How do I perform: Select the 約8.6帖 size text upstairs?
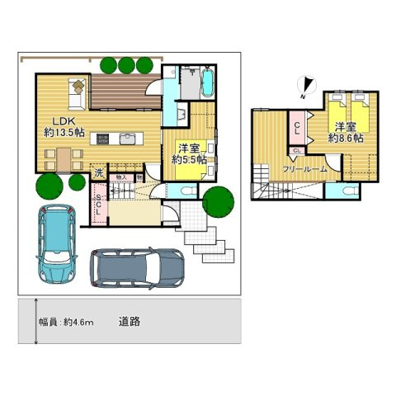[x=345, y=138]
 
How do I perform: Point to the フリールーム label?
[x=304, y=169]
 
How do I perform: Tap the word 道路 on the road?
[x=128, y=322]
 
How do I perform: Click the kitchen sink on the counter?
[x=127, y=139]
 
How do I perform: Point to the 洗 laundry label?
[x=97, y=173]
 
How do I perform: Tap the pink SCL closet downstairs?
[x=99, y=201]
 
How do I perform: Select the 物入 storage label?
[x=121, y=177]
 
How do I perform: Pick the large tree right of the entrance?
[x=217, y=201]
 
